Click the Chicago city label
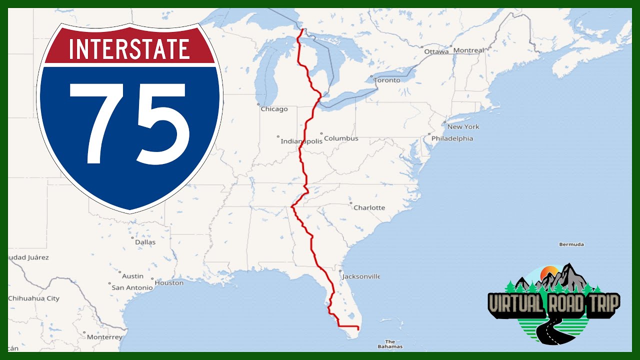coord(274,109)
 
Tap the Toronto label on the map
coord(387,80)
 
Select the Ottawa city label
coord(436,51)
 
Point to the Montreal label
coord(468,50)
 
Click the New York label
coord(463,126)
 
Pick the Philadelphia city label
coord(452,138)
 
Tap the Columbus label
coord(341,138)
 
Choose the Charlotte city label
coord(369,207)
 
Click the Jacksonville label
coord(361,276)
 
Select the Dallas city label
coord(145,242)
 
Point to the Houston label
coord(169,282)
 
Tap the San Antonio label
coord(132,287)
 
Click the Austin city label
coord(132,276)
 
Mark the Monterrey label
coord(104,337)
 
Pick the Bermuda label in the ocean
coord(571,244)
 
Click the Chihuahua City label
coord(33,298)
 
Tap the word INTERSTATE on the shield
coord(129,49)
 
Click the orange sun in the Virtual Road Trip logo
coord(549,272)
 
